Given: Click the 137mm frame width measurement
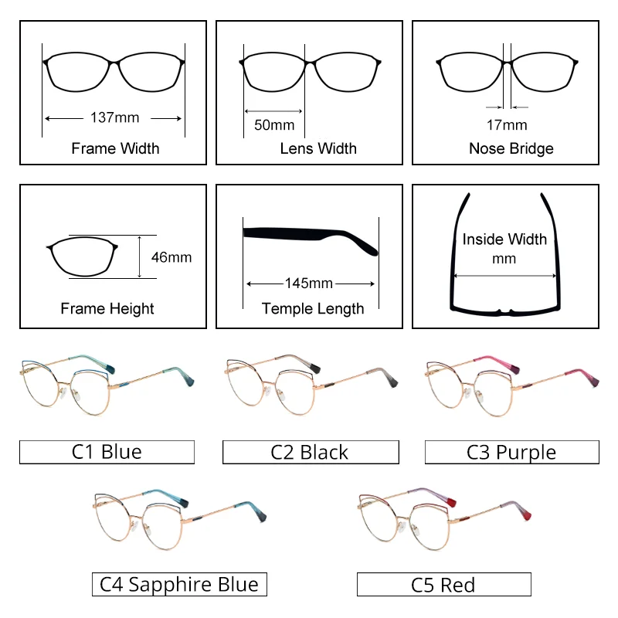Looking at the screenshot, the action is click(x=114, y=118).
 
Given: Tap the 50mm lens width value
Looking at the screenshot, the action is click(x=274, y=124).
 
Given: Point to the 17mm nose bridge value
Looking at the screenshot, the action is click(x=507, y=124).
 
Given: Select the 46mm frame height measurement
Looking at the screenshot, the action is click(x=171, y=257).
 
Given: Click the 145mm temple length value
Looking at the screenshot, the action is click(x=309, y=284).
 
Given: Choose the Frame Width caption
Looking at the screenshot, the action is click(x=115, y=148).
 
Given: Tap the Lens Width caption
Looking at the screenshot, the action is click(x=318, y=148).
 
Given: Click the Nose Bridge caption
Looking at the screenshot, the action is click(x=511, y=148).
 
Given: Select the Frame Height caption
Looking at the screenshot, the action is click(x=107, y=309).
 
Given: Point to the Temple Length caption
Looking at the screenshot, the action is click(x=313, y=309).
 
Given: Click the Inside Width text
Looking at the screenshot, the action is click(x=504, y=239).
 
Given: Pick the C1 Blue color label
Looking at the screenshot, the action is click(x=107, y=452).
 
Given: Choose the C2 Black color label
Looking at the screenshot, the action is click(x=310, y=452).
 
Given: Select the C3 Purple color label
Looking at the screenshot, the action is click(x=511, y=452).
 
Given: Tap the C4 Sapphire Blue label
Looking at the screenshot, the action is click(x=179, y=584).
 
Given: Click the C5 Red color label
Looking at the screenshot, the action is click(x=443, y=584).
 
